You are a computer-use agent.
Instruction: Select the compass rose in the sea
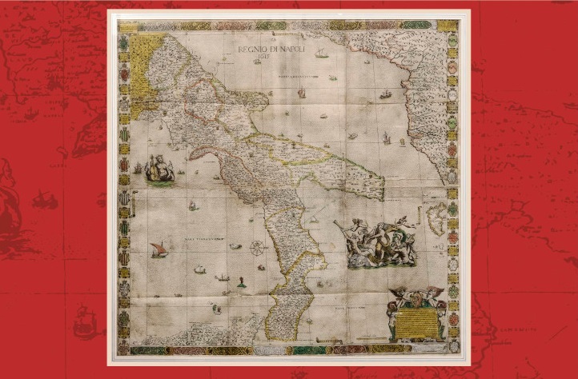pos(258,248)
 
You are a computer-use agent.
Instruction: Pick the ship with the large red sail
pos(158,250)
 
